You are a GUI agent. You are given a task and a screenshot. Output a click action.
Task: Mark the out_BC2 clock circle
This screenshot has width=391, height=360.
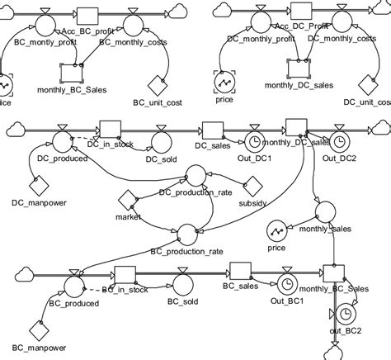345,314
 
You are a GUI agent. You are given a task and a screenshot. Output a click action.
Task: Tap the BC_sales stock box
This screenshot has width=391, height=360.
239,273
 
